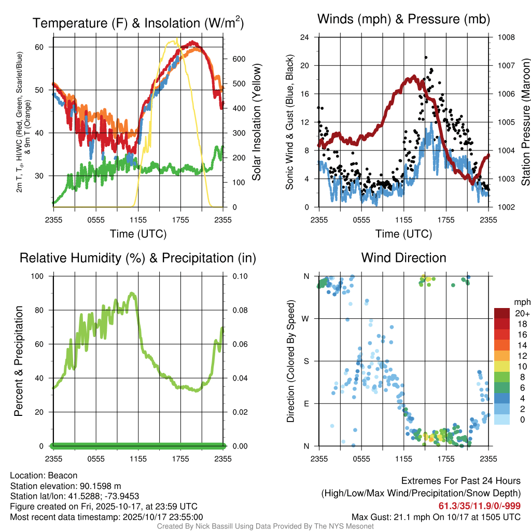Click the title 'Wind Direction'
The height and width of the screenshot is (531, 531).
point(403,258)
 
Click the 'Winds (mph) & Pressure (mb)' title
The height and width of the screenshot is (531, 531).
point(403,20)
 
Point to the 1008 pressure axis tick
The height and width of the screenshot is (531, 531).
point(506,37)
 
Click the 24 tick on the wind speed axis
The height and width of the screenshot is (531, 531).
point(304,37)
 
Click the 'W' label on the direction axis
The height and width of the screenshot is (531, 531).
point(306,318)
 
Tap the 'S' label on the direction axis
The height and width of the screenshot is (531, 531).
point(306,361)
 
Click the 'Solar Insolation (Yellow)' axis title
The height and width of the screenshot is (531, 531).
point(257,122)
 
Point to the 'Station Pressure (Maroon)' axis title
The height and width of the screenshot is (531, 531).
point(525,122)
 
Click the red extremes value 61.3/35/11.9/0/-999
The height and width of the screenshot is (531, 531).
point(480,506)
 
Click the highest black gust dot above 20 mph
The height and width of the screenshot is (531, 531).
point(426,58)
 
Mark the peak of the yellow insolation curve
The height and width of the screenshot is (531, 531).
point(177,38)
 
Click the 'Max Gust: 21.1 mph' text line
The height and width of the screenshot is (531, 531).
point(436,517)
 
